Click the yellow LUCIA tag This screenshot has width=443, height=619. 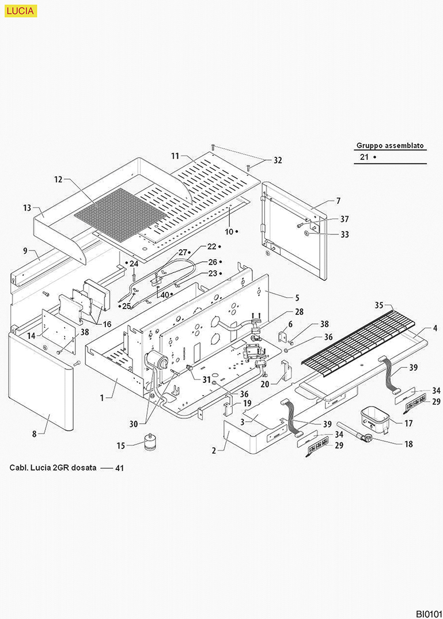[x=21, y=10]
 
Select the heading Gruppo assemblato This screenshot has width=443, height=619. [x=391, y=146]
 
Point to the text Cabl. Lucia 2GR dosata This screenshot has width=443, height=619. [x=52, y=468]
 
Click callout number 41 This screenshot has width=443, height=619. [x=120, y=468]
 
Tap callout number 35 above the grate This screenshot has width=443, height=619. [x=379, y=305]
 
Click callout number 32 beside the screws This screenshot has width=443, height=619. [x=278, y=161]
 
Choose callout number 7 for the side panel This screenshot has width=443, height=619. [x=338, y=201]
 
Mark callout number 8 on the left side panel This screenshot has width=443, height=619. [x=34, y=435]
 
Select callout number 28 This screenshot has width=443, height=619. [x=299, y=312]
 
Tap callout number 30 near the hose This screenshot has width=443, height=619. [x=134, y=424]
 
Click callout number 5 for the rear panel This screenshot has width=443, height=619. [x=297, y=298]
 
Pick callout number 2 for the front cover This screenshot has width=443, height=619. [x=214, y=450]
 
